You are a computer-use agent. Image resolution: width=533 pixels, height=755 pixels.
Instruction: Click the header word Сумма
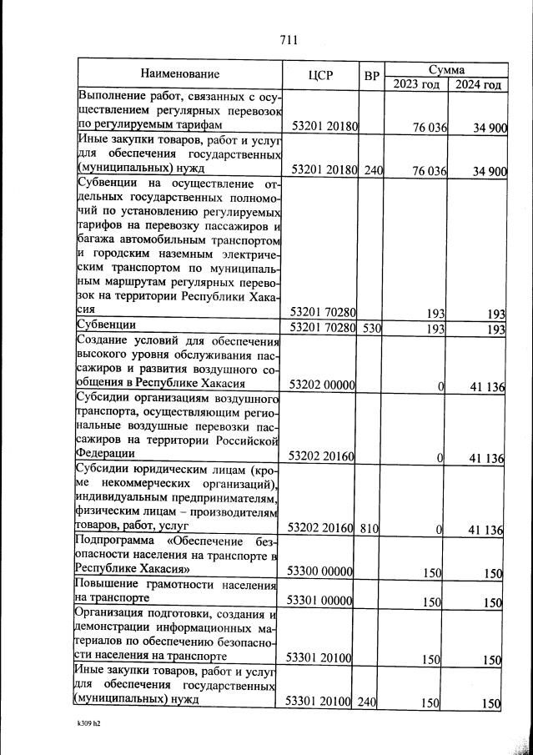click(x=446, y=69)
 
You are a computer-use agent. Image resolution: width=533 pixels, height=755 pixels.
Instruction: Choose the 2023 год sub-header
click(x=415, y=84)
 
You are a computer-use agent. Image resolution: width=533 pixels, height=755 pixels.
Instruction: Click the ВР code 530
click(x=371, y=328)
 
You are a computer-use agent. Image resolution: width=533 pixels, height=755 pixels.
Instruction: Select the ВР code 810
click(x=371, y=529)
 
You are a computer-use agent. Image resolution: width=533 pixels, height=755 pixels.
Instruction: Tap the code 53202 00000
click(x=322, y=385)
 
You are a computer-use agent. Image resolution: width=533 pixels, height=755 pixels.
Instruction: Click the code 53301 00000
click(x=322, y=601)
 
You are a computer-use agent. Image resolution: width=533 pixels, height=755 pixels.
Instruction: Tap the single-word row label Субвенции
click(x=107, y=325)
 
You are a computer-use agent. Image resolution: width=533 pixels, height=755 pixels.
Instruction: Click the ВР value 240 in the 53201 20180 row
click(x=371, y=171)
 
